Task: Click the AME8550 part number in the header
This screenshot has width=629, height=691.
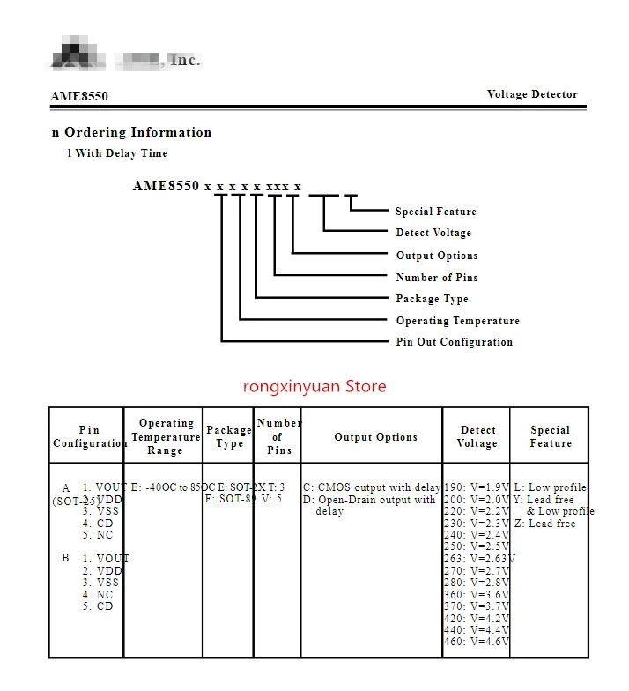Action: coord(79,96)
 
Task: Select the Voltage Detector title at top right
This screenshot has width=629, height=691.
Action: coord(532,94)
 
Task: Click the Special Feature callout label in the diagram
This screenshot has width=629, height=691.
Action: coord(435,212)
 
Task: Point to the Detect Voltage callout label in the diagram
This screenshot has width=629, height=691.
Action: coord(433,233)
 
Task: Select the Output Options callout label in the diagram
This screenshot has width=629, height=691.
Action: coord(437,256)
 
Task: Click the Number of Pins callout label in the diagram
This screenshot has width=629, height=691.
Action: coord(437,278)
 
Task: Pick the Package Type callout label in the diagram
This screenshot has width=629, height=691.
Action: coord(432,299)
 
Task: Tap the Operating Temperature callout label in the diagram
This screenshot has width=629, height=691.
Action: coord(457,321)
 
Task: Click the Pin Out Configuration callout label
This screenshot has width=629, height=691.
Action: coord(454,342)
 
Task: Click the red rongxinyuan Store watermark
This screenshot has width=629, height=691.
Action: coord(314,386)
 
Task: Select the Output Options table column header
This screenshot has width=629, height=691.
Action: coord(375,437)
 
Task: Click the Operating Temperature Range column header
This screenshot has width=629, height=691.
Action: coord(166,437)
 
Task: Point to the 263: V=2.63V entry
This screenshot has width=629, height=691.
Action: coord(479,559)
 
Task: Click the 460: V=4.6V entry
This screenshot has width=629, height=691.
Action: coord(477,642)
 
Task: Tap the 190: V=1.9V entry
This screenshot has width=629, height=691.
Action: coord(477,487)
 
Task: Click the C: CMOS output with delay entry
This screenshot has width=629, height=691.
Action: coord(372,487)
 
